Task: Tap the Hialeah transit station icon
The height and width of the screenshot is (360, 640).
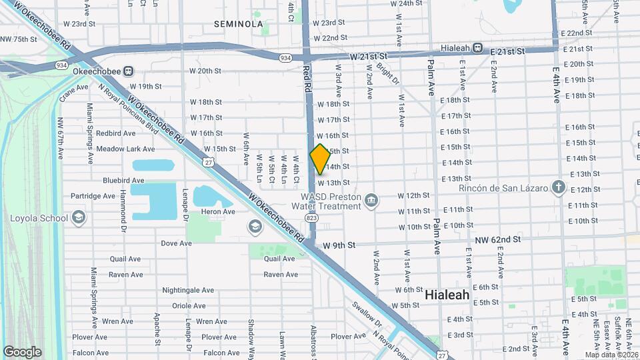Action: click(478, 48)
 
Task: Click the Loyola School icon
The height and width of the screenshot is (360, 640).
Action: click(79, 217)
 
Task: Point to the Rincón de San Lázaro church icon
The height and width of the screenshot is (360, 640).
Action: click(559, 187)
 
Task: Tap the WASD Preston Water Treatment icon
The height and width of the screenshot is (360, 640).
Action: click(371, 199)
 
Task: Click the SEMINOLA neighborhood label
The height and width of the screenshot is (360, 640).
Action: click(239, 24)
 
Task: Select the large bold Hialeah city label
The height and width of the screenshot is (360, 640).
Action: click(447, 294)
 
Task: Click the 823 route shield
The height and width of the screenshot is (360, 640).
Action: click(313, 217)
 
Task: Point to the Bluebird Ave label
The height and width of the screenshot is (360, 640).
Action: click(123, 180)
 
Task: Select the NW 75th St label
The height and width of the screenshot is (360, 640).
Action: click(19, 39)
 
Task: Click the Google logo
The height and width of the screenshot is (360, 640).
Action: click(22, 351)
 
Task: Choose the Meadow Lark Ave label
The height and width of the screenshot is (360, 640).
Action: click(125, 149)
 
